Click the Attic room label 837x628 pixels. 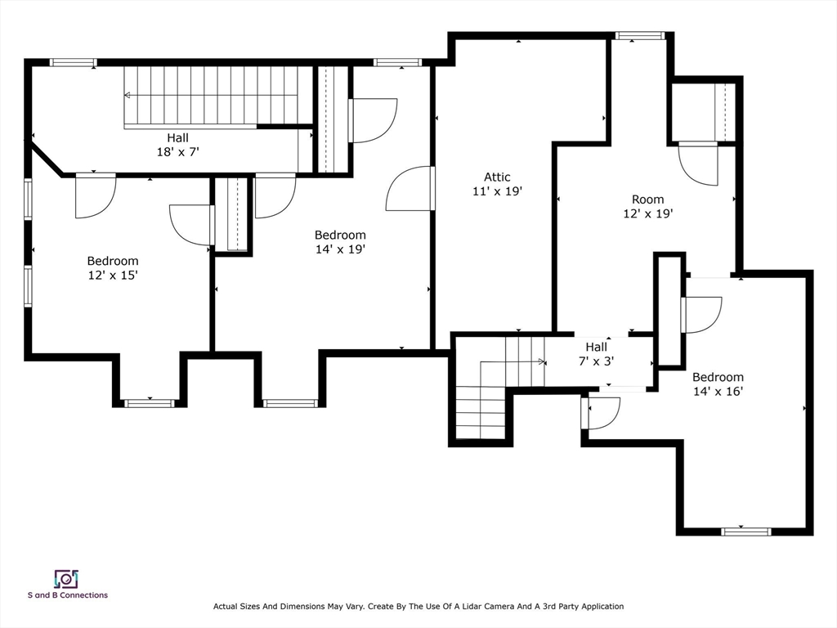coord(497,177)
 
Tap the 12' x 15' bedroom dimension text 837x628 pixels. coord(113,276)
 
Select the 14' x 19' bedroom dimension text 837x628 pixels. coord(340,249)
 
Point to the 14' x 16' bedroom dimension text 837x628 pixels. coord(718,392)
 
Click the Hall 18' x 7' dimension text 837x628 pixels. coord(177,152)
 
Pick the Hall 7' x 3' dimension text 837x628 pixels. coord(596,361)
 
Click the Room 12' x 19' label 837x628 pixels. coord(648,206)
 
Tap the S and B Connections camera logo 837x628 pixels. coord(67,579)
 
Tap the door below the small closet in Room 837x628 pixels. coord(698,164)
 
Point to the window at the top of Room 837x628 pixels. coord(639,36)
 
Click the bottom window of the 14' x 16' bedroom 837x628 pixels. coord(745,532)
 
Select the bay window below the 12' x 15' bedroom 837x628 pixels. coord(150,403)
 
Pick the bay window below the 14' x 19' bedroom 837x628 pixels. coord(290,403)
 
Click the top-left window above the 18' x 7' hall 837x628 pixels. coord(74,62)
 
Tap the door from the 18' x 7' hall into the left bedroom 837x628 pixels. coord(96,195)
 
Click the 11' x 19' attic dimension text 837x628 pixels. coord(497,191)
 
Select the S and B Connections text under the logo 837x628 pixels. coord(68,595)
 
